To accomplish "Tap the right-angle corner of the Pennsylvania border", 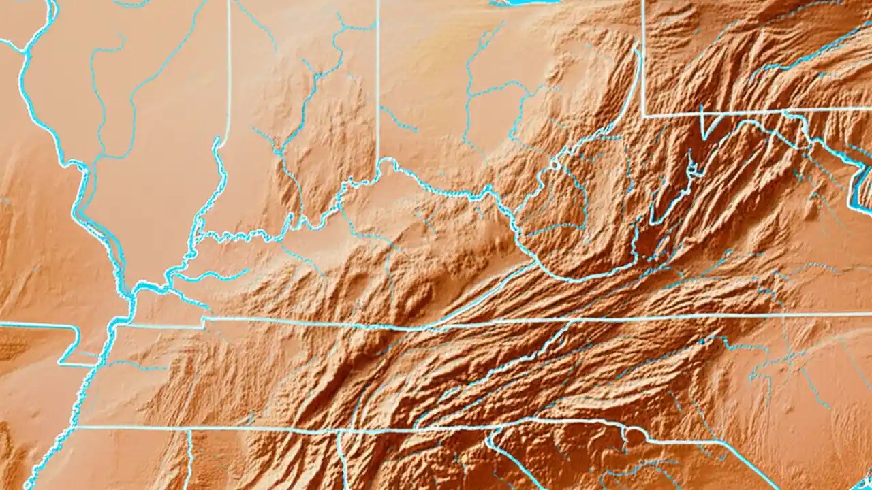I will click(x=644, y=116).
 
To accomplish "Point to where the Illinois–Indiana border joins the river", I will click(x=219, y=143).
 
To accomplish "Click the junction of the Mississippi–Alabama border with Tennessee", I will click(x=189, y=430).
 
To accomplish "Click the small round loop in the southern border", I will click(x=636, y=436).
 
